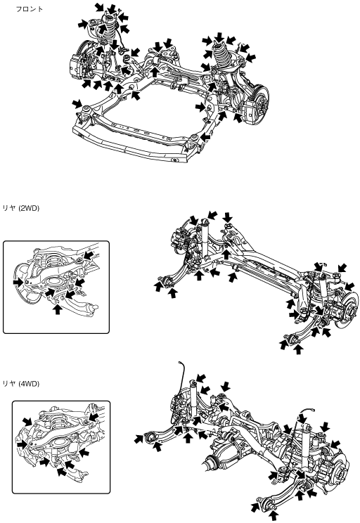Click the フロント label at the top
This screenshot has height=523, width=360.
click(30, 9)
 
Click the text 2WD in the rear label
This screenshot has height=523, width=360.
click(29, 209)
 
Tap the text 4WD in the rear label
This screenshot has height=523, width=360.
click(29, 384)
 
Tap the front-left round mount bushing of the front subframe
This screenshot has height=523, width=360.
click(86, 109)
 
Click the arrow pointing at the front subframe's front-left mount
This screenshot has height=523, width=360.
click(77, 103)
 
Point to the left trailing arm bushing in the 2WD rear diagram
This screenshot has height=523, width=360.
click(169, 281)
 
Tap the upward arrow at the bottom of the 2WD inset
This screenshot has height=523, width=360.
click(58, 309)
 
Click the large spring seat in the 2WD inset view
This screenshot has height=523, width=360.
click(53, 283)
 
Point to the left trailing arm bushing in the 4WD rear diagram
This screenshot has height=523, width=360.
click(151, 437)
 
